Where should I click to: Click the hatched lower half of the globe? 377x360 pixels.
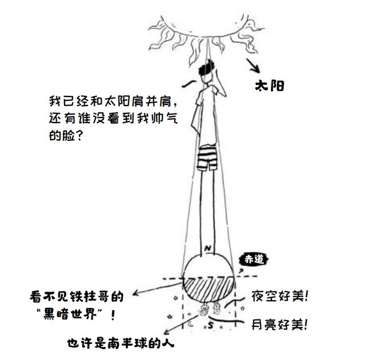coord(208,288)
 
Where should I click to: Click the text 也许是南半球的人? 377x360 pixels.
coord(119,344)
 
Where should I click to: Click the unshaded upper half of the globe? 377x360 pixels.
coord(208,265)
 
